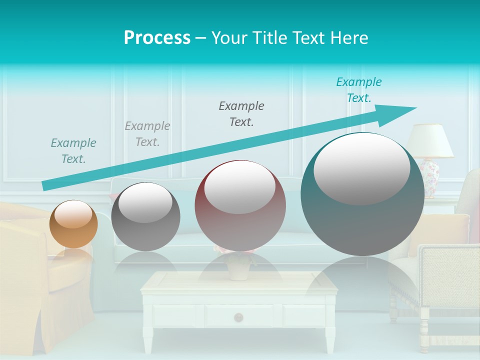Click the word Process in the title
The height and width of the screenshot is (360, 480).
coord(157,38)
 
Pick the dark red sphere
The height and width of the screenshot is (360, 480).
coord(240,205)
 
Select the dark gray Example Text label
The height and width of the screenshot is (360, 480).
coord(241,113)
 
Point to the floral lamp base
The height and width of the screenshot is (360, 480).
coord(430,171)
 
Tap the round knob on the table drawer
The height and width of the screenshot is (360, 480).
coord(238,317)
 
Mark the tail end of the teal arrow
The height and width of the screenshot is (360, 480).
coord(44,186)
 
